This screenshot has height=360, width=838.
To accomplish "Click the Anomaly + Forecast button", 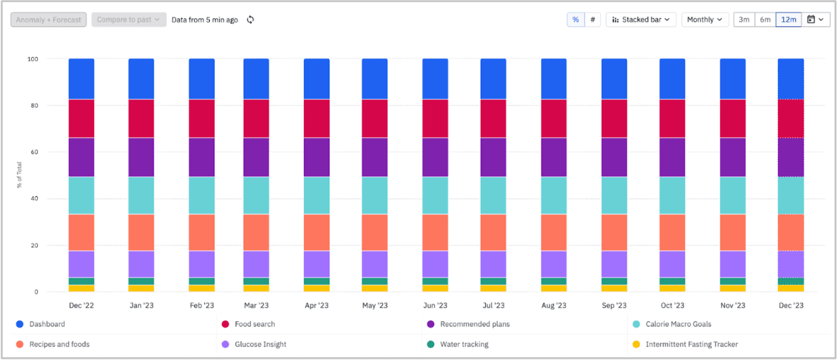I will (x=48, y=20).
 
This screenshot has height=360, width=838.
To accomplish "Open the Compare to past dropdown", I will (x=129, y=20).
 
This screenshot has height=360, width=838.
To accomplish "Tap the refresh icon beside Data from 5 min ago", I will (x=250, y=20).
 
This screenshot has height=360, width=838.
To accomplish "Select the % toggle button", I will (x=575, y=20).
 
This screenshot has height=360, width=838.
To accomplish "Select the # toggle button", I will (x=593, y=20).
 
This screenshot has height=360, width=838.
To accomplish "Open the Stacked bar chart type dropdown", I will (x=640, y=20).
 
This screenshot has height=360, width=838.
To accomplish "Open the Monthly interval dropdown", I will (x=705, y=20).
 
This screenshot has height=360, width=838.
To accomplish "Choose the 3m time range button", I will (x=744, y=20).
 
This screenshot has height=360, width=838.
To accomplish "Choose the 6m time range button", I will (x=765, y=20).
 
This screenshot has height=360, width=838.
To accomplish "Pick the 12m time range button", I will (x=789, y=20).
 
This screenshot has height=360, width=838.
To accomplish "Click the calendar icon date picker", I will (x=815, y=20).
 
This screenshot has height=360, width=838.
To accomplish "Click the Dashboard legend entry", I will (x=47, y=324).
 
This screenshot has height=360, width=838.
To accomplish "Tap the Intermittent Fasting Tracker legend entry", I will (x=691, y=344).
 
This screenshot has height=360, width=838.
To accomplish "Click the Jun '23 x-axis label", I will (x=435, y=306).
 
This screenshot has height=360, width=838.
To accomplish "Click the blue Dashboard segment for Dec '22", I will (x=81, y=78).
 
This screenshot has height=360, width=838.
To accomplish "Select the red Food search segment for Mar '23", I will (x=256, y=118).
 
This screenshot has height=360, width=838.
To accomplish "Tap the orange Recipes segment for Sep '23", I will (x=614, y=233).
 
